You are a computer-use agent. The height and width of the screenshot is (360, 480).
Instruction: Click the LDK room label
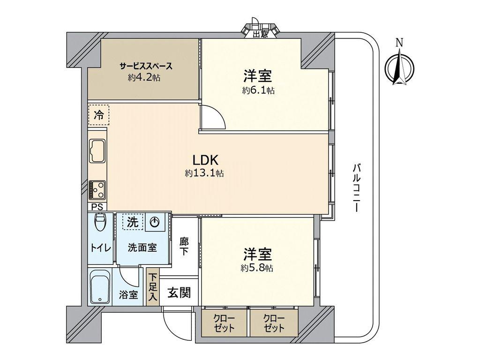point(205,160)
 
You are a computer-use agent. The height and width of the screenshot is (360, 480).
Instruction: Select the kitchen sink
point(97,151)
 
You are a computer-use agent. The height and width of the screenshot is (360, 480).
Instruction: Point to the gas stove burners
point(97,190)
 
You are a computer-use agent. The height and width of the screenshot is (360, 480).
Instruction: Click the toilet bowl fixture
point(100,222)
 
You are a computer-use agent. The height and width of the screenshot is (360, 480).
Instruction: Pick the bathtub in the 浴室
point(100,286)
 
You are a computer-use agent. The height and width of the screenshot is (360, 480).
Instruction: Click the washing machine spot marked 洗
point(133,221)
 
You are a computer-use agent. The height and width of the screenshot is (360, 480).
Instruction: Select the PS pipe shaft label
point(97,207)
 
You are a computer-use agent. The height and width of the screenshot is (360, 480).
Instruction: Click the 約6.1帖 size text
point(258,90)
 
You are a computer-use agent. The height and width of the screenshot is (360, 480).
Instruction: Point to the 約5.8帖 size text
point(257,268)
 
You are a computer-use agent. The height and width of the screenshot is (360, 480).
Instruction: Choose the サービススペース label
point(146,66)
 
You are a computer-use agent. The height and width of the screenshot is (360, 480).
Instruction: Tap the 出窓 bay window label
point(261,34)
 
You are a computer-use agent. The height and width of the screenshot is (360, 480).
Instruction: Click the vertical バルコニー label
point(356,188)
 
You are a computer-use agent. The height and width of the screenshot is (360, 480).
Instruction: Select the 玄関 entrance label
point(179,293)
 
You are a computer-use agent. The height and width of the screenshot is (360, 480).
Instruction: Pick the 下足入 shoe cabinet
point(152,287)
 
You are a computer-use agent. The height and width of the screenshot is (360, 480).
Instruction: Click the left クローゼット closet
point(224,323)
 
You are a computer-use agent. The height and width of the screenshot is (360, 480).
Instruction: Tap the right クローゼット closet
point(274,323)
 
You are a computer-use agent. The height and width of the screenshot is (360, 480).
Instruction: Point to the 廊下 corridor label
point(184,246)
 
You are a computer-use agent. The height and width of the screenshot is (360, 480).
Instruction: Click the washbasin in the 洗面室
point(155,222)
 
